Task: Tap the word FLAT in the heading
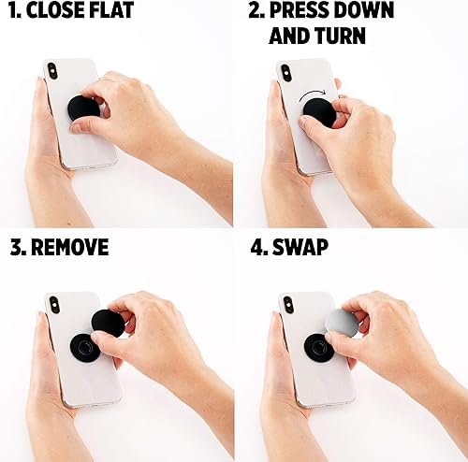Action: click(x=116, y=12)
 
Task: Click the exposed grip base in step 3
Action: click(x=84, y=349)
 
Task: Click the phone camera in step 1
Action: click(x=51, y=71)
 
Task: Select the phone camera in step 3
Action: click(x=53, y=305)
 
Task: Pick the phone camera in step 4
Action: click(x=287, y=305)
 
